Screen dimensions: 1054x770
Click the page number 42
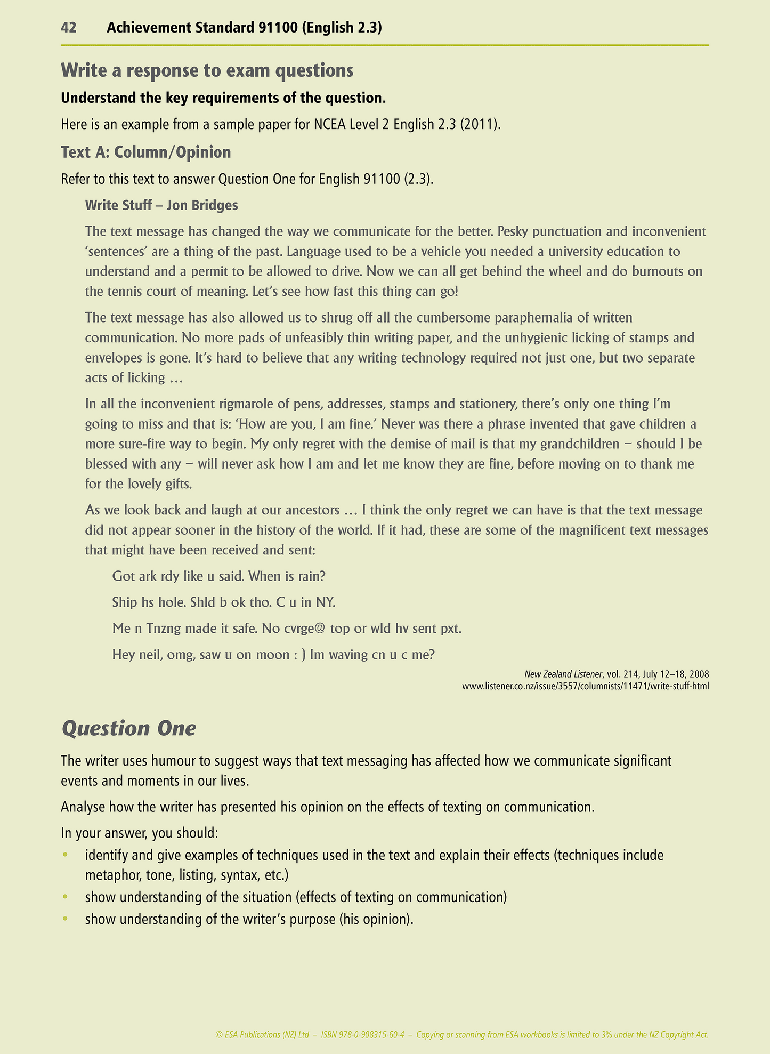(69, 28)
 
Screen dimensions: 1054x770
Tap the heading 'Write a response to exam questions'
(207, 70)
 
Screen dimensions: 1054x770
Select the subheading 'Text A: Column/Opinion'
(145, 152)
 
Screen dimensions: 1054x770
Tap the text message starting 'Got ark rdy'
(218, 576)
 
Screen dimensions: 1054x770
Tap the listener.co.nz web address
(586, 686)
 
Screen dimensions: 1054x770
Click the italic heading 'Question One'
(129, 729)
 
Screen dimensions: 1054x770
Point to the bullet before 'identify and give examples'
(66, 855)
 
